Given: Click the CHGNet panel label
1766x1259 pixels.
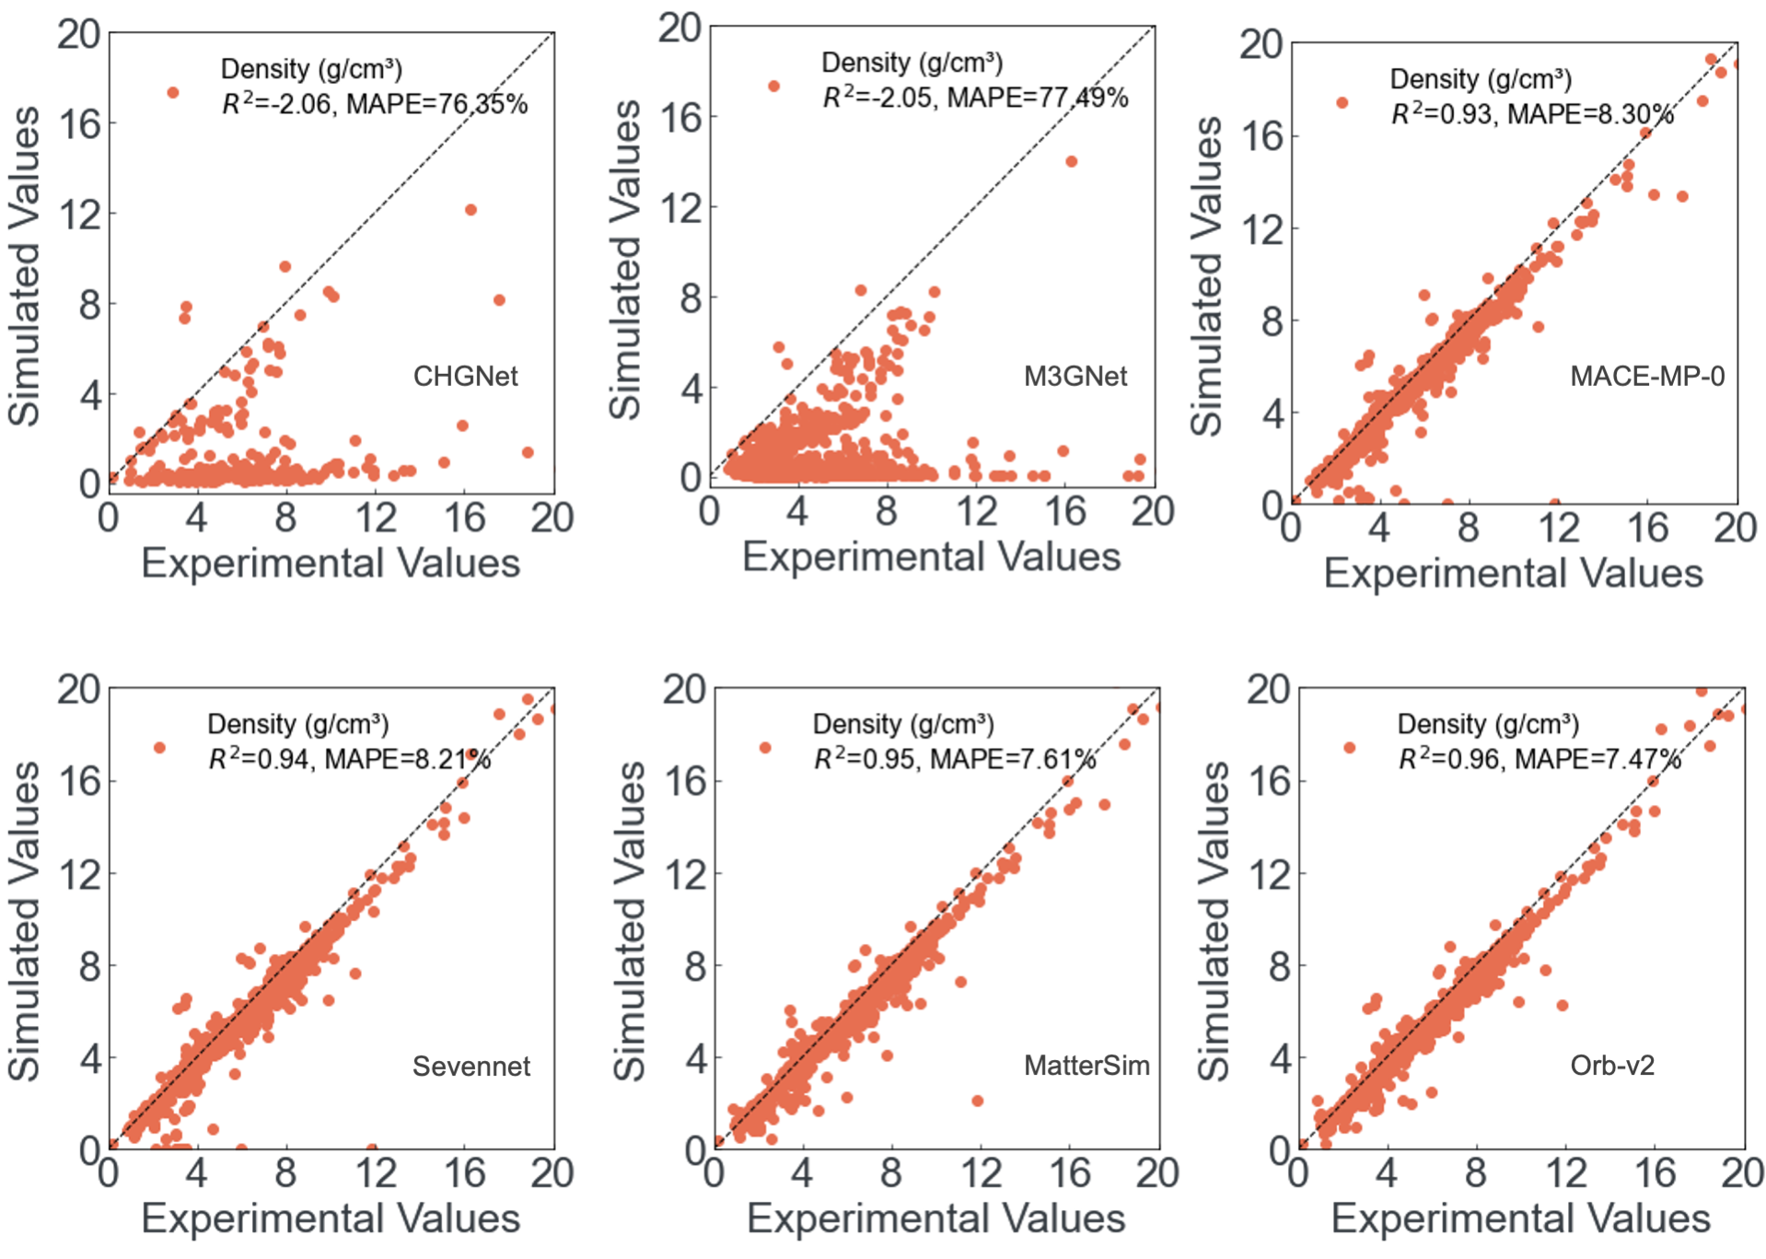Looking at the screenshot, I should click(465, 376).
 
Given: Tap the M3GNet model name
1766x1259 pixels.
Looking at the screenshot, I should click(1075, 376).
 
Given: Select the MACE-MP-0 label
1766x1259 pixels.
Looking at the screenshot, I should click(1646, 376).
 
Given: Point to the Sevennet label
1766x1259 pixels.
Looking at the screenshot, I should click(471, 1066).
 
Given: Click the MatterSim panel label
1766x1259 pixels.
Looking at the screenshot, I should click(1086, 1066).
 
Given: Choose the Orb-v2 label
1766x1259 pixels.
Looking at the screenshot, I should click(1611, 1066).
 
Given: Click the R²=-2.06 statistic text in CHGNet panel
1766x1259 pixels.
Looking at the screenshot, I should click(276, 104).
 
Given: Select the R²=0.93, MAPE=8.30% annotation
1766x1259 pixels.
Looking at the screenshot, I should click(1531, 114).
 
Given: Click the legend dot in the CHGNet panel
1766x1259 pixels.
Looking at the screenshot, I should click(172, 92).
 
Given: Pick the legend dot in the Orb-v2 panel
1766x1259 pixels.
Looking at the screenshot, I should click(1349, 748).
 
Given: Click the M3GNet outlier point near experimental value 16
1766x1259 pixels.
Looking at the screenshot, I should click(1071, 161).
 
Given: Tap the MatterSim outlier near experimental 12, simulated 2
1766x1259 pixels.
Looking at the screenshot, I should click(977, 1101).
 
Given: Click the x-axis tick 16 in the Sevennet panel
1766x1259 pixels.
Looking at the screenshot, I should click(464, 1173).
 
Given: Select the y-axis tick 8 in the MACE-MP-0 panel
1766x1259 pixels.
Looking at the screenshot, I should click(1272, 321).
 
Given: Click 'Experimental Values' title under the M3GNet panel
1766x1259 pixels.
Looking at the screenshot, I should click(931, 557).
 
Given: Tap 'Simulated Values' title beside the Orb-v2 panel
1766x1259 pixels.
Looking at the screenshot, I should click(1214, 920).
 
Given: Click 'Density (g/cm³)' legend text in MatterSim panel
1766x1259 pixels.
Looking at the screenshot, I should click(902, 724).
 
